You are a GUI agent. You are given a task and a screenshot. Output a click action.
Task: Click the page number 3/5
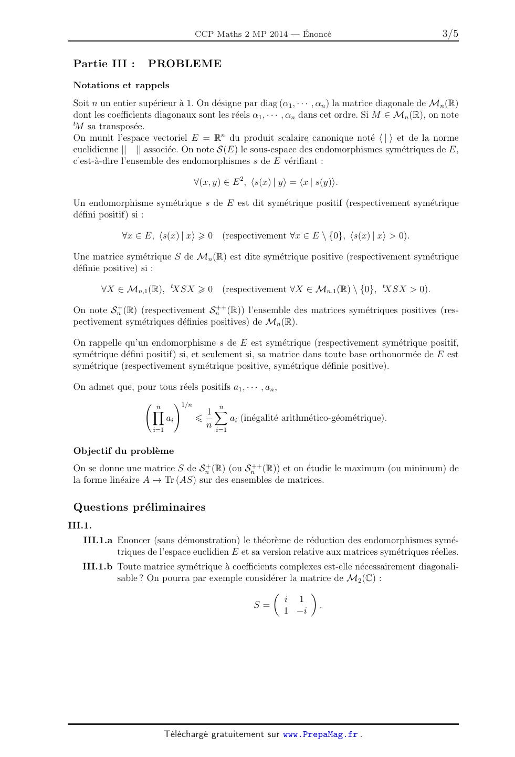pos(450,34)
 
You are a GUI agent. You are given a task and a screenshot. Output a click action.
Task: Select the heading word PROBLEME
pos(185,64)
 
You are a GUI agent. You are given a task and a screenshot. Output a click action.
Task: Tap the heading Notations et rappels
pos(121,85)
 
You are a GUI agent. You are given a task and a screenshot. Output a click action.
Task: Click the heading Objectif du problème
pos(123,451)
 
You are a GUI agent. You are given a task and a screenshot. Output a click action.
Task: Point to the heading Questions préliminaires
pos(139,507)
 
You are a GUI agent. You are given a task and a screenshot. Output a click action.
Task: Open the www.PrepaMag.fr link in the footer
pos(320,734)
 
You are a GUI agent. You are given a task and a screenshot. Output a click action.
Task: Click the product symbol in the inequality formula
pos(158,418)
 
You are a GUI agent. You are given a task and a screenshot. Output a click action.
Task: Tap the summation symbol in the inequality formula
pos(221,418)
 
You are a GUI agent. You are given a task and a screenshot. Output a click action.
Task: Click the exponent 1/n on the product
pos(186,405)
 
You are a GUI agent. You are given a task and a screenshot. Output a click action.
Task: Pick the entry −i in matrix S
pos(301,610)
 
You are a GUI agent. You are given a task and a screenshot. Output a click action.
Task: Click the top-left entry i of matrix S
pos(286,599)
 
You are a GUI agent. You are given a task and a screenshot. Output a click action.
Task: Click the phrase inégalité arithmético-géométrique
pos(313,418)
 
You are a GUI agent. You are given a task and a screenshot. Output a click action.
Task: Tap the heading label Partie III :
pos(104,64)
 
